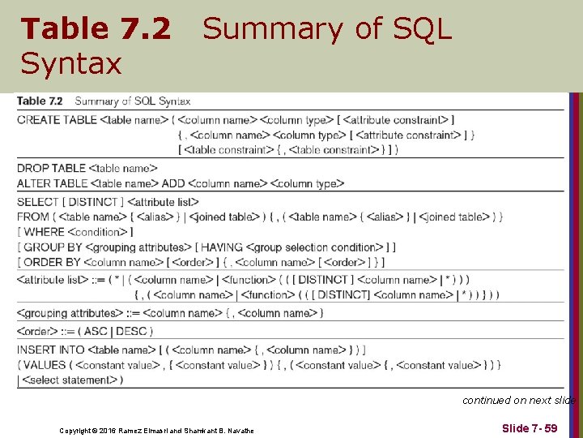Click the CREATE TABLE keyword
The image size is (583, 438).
click(x=57, y=120)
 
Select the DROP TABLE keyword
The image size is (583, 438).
click(x=51, y=168)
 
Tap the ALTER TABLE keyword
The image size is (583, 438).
click(x=53, y=183)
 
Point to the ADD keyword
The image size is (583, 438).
click(x=173, y=183)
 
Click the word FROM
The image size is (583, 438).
click(x=32, y=217)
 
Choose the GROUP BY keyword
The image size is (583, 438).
click(x=53, y=247)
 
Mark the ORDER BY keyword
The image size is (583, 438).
click(x=52, y=262)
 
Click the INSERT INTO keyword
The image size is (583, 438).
click(x=50, y=350)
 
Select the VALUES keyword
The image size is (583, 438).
click(x=45, y=365)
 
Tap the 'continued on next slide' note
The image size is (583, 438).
click(x=519, y=400)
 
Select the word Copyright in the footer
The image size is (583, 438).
click(x=77, y=429)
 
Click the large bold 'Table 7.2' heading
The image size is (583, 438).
click(x=96, y=29)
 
